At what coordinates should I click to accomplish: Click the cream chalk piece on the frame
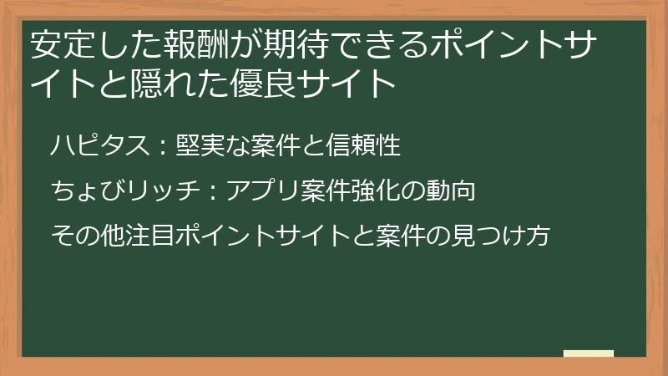[x=588, y=354]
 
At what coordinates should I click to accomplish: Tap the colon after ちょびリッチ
[x=210, y=193]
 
